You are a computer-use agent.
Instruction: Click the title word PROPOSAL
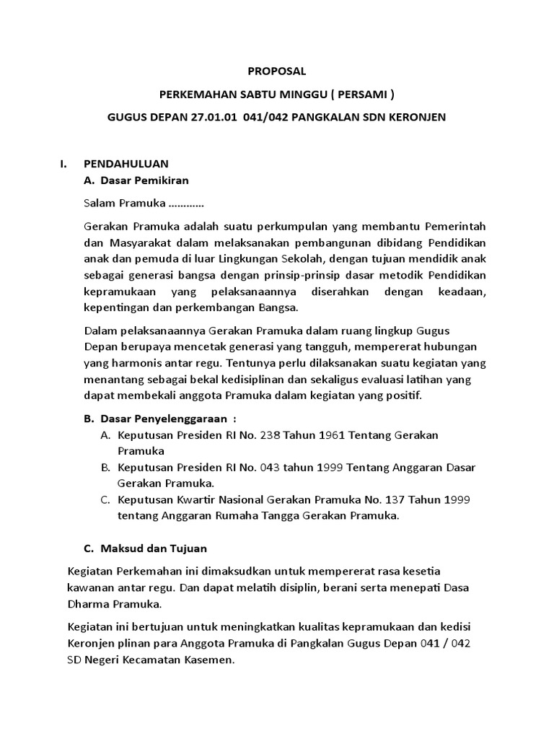click(277, 71)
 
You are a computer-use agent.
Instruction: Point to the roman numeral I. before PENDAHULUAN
click(63, 164)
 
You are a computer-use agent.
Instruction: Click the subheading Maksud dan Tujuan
click(155, 548)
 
